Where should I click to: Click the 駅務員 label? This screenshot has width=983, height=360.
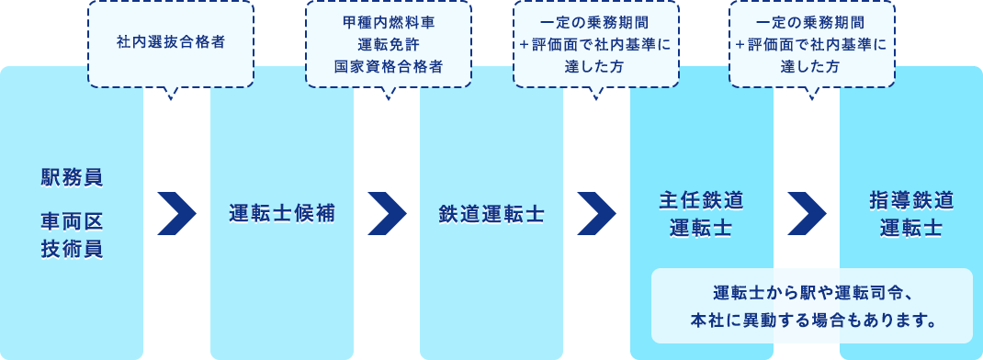click(x=72, y=177)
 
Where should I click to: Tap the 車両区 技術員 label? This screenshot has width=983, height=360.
click(x=72, y=234)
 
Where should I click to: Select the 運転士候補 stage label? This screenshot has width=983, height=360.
click(x=282, y=214)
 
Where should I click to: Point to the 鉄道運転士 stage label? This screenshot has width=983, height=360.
click(x=491, y=214)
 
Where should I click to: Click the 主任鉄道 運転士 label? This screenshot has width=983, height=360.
click(x=701, y=214)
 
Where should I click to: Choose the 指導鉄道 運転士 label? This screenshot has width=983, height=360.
click(x=910, y=214)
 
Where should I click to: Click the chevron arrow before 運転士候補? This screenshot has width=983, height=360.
click(x=177, y=214)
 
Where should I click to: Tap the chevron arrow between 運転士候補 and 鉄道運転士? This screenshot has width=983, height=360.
click(x=387, y=214)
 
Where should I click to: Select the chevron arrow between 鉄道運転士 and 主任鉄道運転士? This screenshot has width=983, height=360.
click(x=596, y=214)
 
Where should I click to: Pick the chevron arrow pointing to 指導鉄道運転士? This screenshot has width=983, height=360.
click(x=807, y=214)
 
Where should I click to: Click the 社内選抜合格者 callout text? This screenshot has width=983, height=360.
click(x=171, y=42)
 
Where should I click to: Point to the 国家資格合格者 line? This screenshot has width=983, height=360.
click(x=388, y=66)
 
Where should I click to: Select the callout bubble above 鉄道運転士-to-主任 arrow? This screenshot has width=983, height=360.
click(x=595, y=43)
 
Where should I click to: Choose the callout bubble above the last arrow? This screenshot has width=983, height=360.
click(x=811, y=43)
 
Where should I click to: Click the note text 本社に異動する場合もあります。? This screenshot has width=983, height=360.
click(x=812, y=321)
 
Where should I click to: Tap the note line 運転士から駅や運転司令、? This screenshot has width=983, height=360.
click(x=812, y=294)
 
